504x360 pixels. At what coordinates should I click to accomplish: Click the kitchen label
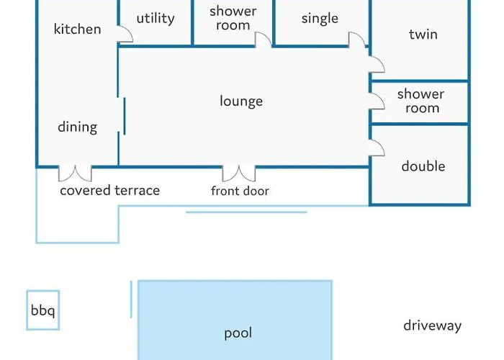pos(77,30)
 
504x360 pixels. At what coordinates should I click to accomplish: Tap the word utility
pos(155,19)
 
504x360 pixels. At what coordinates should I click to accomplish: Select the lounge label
pos(240,102)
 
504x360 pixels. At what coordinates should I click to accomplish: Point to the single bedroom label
pos(320,19)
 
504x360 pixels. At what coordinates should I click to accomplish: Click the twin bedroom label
pos(423,35)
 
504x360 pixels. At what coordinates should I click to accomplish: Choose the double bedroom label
pos(423,166)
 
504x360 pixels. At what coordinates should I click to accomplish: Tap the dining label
pos(77,127)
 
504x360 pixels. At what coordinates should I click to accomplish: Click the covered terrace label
pos(109,191)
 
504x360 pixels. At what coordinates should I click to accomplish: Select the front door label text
pos(240,191)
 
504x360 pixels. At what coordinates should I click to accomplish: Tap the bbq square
pos(42,311)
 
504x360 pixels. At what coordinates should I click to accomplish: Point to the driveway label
pos(432,326)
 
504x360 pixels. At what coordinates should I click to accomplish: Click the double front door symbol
pos(239,174)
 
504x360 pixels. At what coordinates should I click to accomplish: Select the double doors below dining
pos(75,174)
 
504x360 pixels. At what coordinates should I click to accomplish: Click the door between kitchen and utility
pos(125,35)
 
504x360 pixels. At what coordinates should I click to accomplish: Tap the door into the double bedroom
pos(377,148)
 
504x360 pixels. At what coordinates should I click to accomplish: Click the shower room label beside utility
pos(233,19)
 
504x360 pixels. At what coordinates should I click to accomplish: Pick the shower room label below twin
pos(420,102)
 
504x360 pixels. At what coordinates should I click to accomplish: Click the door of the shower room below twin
pos(377,101)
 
